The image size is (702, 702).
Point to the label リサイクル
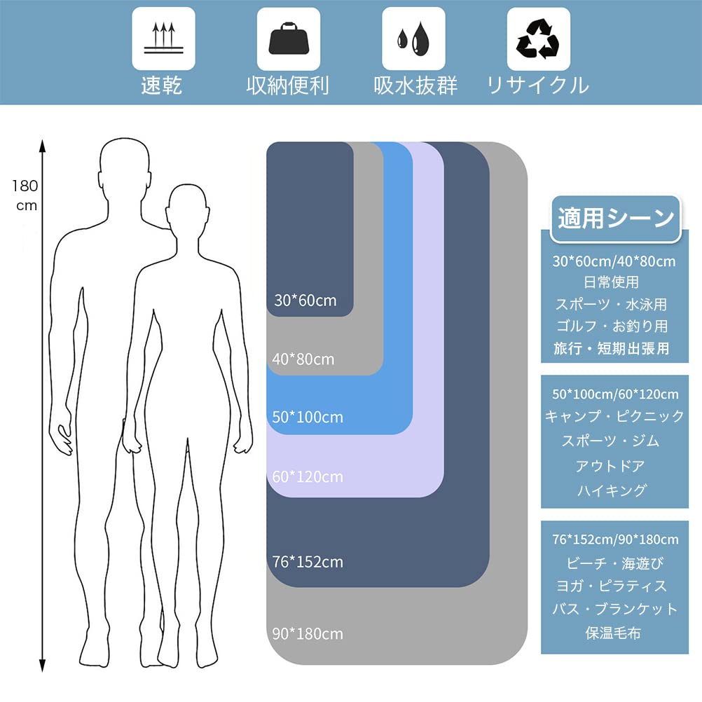538,85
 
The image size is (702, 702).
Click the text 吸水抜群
415,85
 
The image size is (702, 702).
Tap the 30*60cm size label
305,301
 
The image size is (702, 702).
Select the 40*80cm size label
303,359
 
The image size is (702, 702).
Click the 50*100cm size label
308,417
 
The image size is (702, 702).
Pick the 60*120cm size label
308,477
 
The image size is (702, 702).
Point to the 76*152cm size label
308,562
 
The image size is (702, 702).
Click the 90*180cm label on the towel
308,634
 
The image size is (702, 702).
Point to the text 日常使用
611,282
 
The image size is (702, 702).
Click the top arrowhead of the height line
42,145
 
